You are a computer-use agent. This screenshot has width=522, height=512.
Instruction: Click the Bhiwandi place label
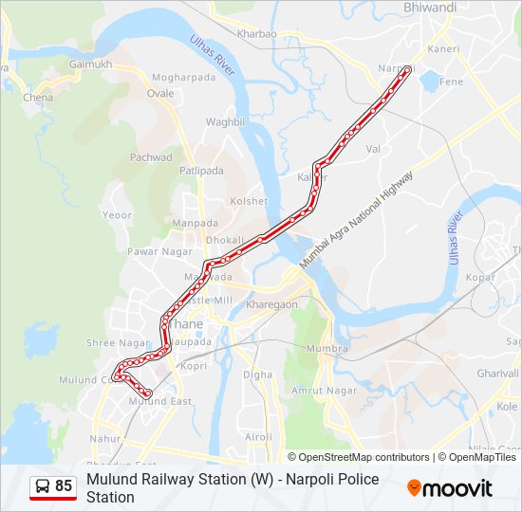[430, 8]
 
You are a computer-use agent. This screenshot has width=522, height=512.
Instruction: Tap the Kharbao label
[256, 34]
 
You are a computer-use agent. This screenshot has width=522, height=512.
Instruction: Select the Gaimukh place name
[90, 64]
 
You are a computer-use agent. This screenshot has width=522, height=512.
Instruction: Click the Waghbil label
[226, 121]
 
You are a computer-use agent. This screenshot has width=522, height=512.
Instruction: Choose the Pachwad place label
[151, 157]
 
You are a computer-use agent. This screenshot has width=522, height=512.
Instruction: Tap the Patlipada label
[201, 171]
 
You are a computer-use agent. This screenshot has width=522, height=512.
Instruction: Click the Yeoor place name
[117, 215]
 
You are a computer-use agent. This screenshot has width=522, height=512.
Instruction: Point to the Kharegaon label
[272, 304]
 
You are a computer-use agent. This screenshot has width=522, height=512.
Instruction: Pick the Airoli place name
[258, 436]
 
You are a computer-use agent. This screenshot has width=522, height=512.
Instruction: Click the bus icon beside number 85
[41, 486]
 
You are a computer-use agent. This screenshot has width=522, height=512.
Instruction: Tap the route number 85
[64, 486]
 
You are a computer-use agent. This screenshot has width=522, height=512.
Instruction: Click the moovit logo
[450, 488]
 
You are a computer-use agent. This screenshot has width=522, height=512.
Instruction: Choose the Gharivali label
[497, 374]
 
